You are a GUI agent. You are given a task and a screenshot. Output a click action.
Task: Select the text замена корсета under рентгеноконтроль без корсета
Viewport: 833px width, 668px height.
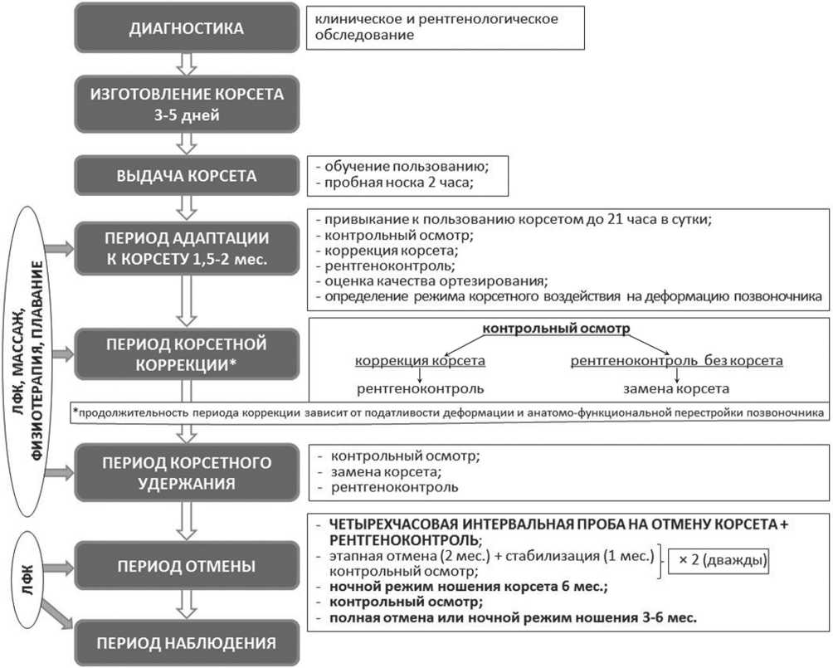pyautogui.click(x=677, y=388)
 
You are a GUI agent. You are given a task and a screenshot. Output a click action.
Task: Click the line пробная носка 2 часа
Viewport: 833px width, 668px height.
pyautogui.click(x=393, y=183)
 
